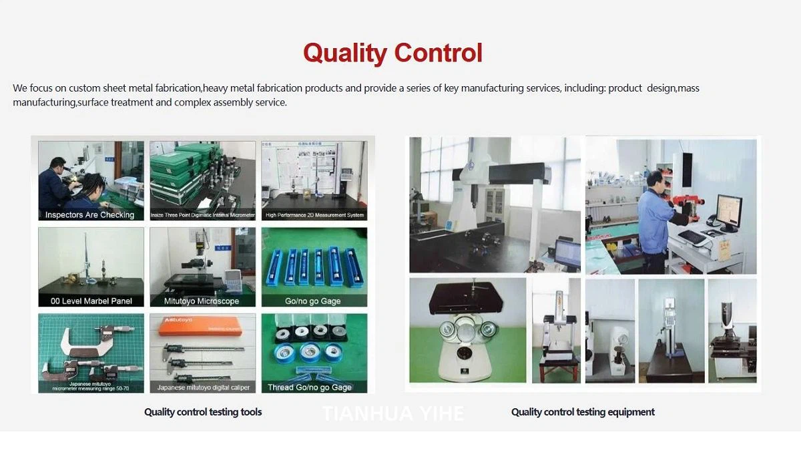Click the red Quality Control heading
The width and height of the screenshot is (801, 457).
pyautogui.click(x=392, y=53)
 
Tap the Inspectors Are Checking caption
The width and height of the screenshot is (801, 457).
pyautogui.click(x=89, y=215)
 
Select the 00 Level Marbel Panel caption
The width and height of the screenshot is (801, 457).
pyautogui.click(x=91, y=301)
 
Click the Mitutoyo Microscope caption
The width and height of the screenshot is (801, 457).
pyautogui.click(x=202, y=301)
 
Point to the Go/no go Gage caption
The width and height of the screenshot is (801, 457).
pyautogui.click(x=313, y=301)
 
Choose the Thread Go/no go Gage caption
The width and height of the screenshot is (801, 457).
pyautogui.click(x=309, y=388)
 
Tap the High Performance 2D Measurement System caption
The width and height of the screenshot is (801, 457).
pyautogui.click(x=314, y=215)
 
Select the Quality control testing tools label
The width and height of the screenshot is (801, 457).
pyautogui.click(x=203, y=412)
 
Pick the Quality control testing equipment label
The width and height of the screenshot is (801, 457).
pyautogui.click(x=583, y=412)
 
